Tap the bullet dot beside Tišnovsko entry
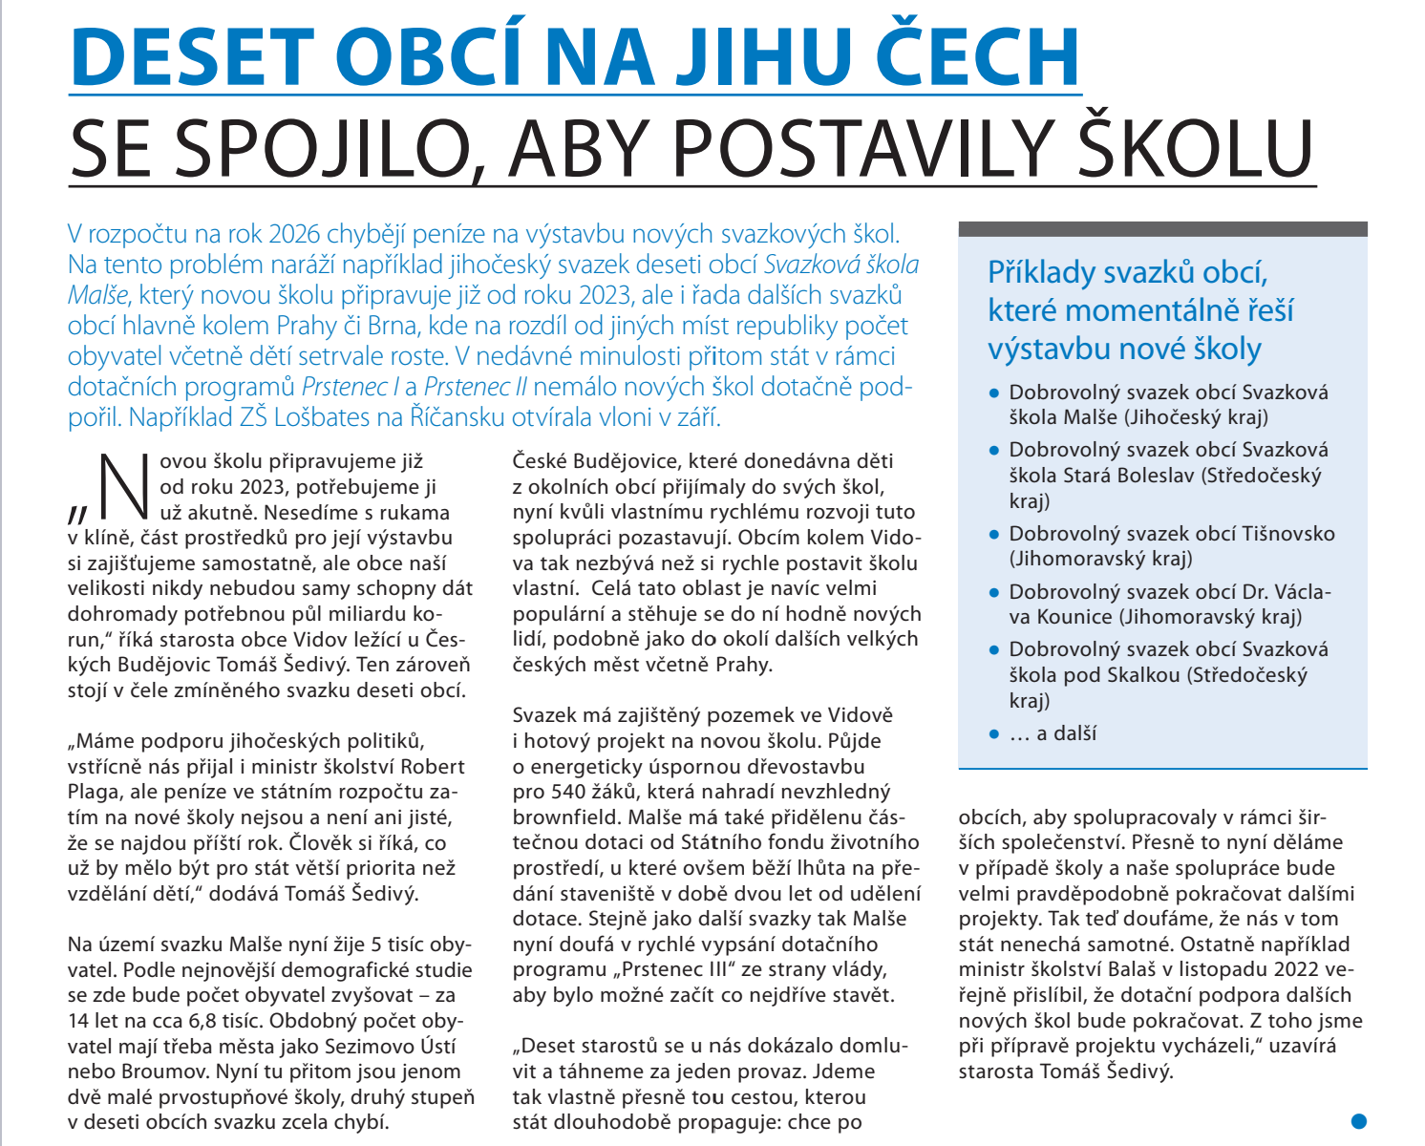coord(994,535)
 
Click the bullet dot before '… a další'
coord(994,734)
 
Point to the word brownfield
coord(564,817)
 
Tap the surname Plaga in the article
coord(93,792)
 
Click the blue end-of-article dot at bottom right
coord(1359,1121)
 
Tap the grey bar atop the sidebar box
coord(1162,229)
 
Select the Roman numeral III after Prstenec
coord(725,970)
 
